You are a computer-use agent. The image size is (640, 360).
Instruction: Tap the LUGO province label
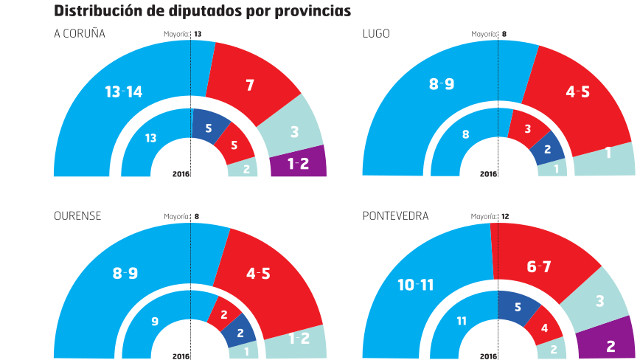376,35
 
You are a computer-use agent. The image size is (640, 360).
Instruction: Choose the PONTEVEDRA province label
395,214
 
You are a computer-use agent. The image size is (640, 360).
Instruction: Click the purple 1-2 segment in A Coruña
298,163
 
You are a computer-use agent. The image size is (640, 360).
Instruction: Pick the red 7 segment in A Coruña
249,86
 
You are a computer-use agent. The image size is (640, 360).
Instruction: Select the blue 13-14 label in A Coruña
124,92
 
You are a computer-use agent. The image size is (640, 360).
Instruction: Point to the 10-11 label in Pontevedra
414,285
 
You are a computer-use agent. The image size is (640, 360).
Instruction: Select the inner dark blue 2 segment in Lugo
547,149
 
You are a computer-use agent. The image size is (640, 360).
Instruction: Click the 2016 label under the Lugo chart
489,175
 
